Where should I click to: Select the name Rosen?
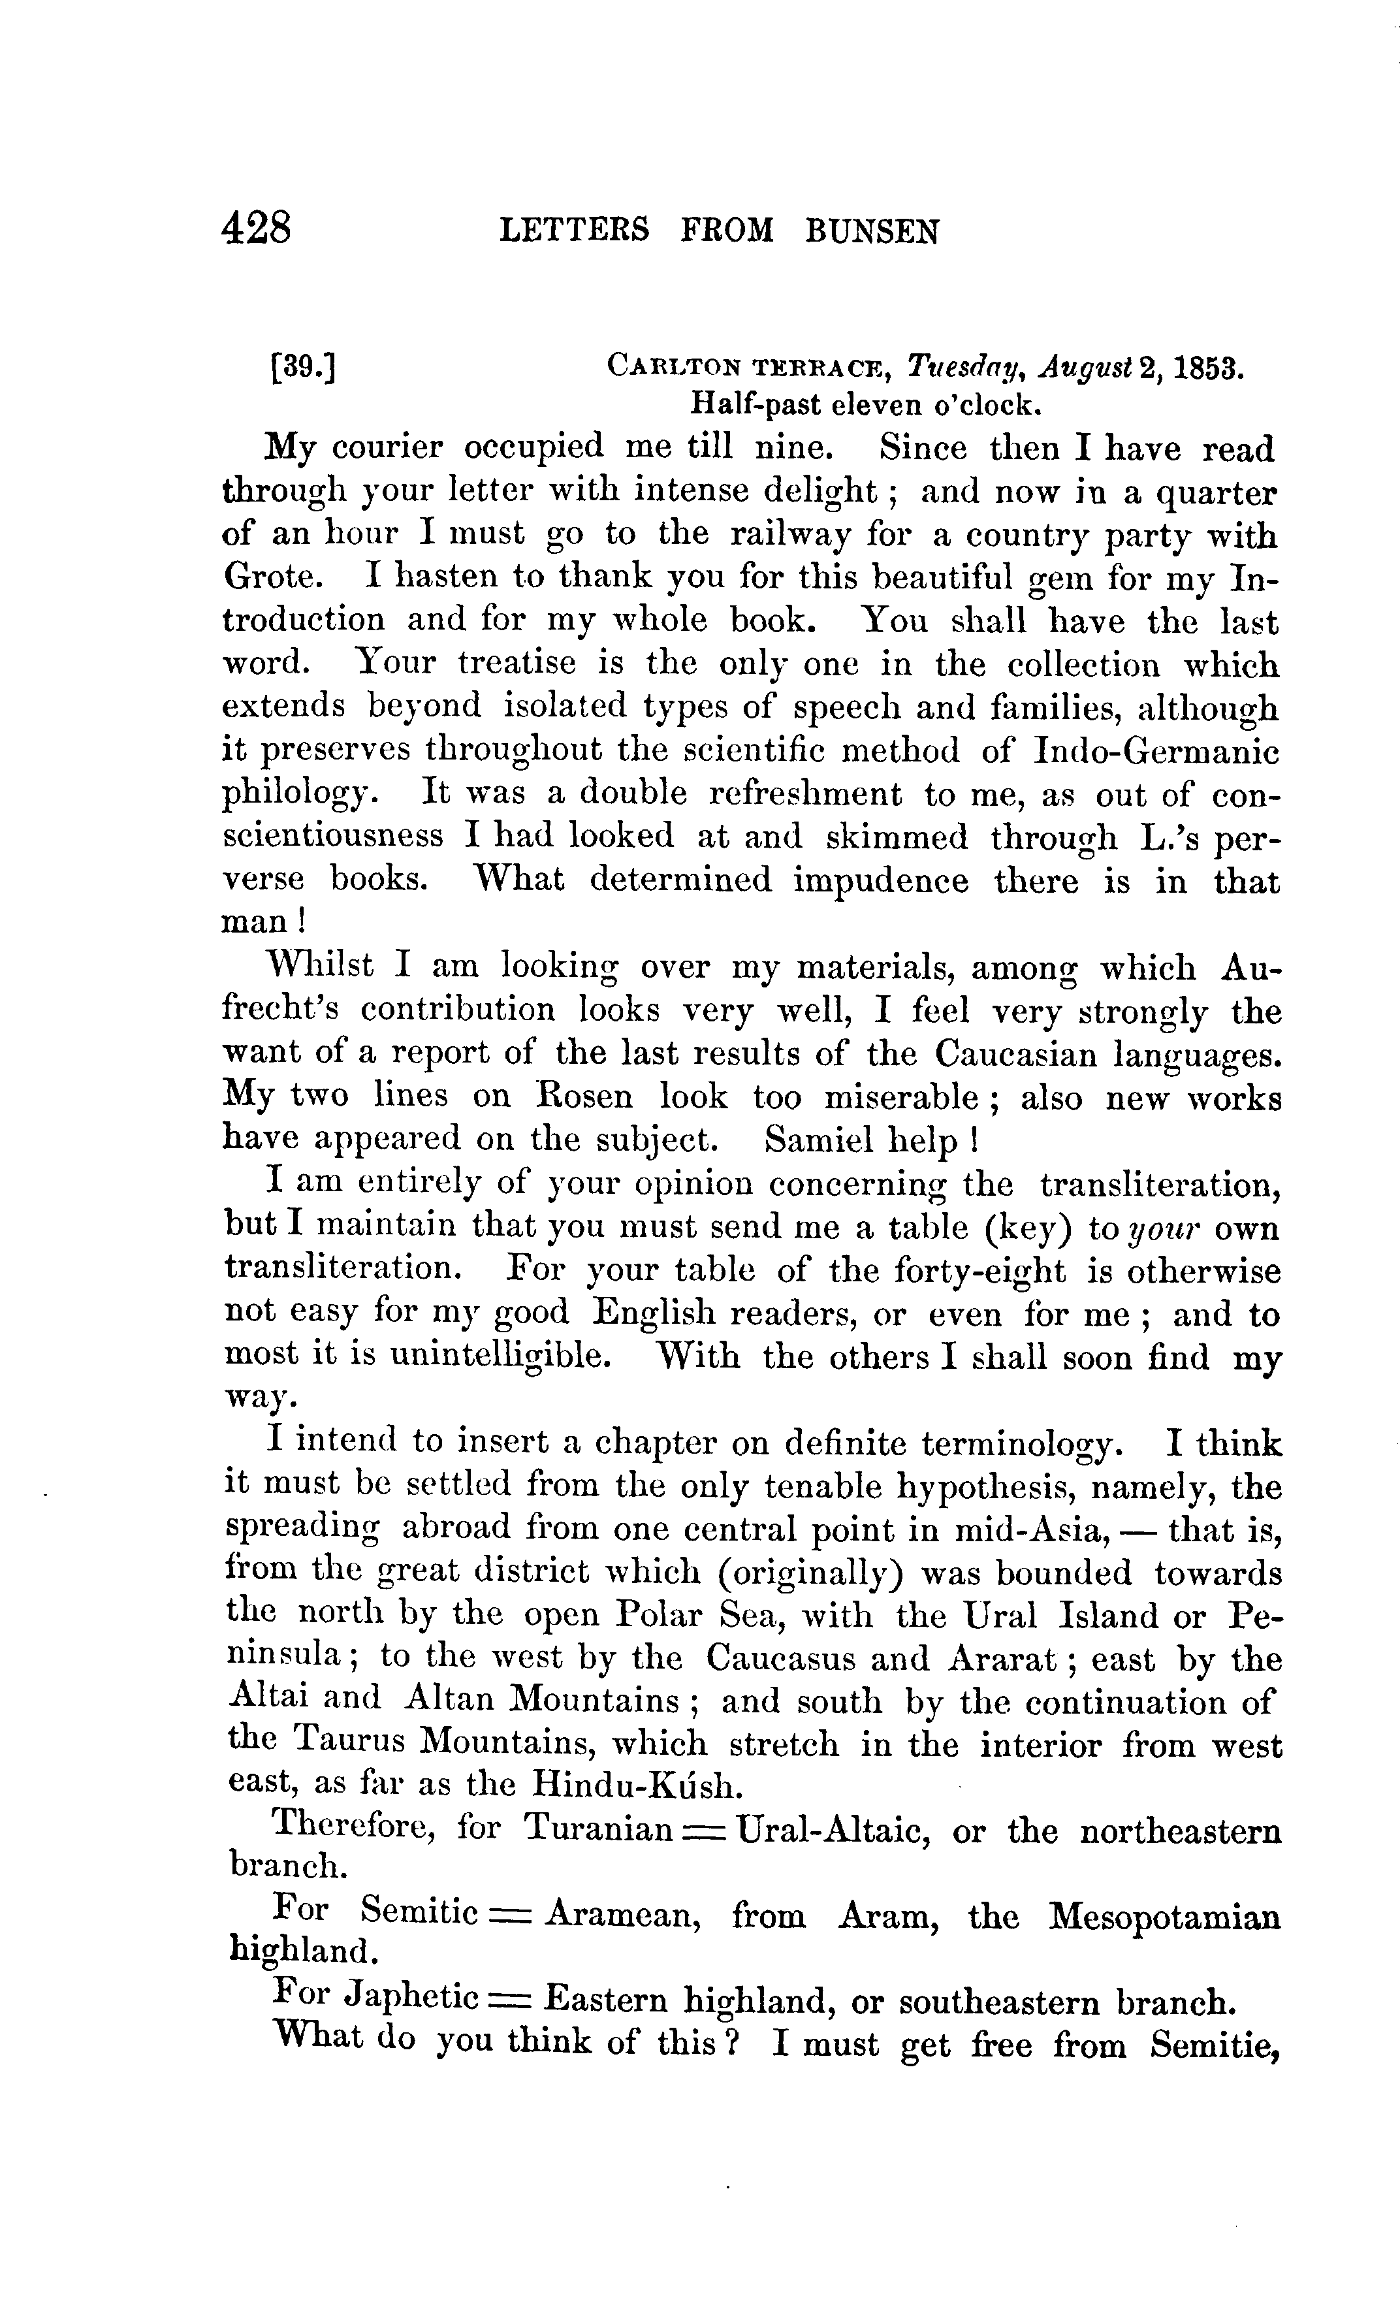tap(584, 1096)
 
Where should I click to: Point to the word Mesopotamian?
tap(1164, 1917)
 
